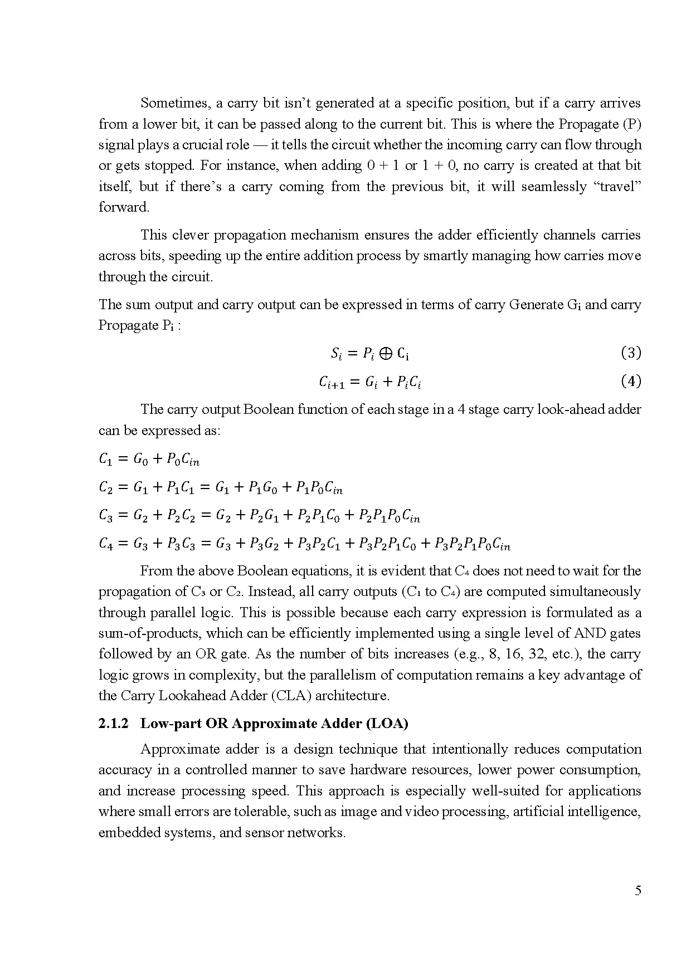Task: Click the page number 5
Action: click(638, 891)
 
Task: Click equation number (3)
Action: click(631, 353)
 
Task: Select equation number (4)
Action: click(631, 382)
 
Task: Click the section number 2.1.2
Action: click(113, 724)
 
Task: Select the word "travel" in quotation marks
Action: click(619, 187)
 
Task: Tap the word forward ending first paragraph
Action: click(124, 207)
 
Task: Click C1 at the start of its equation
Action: click(106, 460)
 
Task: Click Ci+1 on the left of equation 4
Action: click(332, 383)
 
